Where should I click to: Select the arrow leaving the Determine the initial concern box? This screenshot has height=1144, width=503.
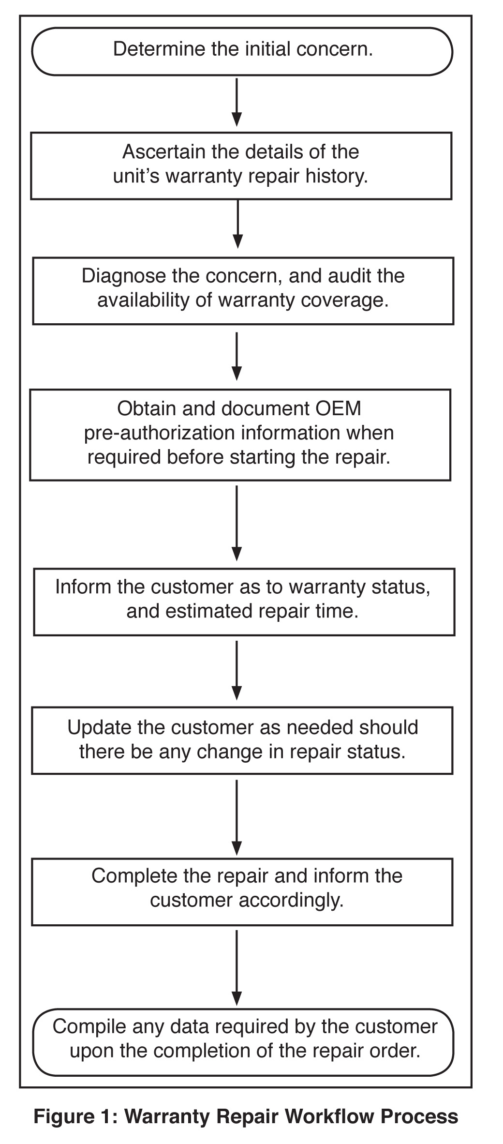tap(237, 102)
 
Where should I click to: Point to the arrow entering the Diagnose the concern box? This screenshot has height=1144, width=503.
tap(237, 224)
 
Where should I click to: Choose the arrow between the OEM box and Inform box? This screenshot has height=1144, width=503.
tap(237, 523)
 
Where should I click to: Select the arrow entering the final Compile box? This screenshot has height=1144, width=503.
tap(237, 967)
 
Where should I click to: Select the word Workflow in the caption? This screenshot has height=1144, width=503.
tap(329, 1117)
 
